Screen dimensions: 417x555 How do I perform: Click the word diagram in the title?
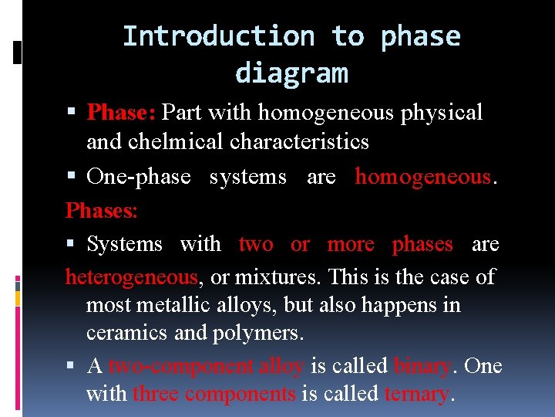291,73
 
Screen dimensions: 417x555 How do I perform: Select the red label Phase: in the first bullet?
122,113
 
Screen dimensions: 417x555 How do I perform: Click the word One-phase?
139,177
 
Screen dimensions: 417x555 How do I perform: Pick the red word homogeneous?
422,177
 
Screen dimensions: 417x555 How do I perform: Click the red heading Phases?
102,210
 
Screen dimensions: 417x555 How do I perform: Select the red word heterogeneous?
132,276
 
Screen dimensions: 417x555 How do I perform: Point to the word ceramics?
124,333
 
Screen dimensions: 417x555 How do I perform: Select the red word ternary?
416,394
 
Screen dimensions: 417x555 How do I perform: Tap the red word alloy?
281,365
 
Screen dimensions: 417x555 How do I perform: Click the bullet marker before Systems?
72,245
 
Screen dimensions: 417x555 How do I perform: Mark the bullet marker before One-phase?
72,178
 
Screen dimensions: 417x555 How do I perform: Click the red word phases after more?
422,244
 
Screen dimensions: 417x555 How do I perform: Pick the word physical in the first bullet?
442,113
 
